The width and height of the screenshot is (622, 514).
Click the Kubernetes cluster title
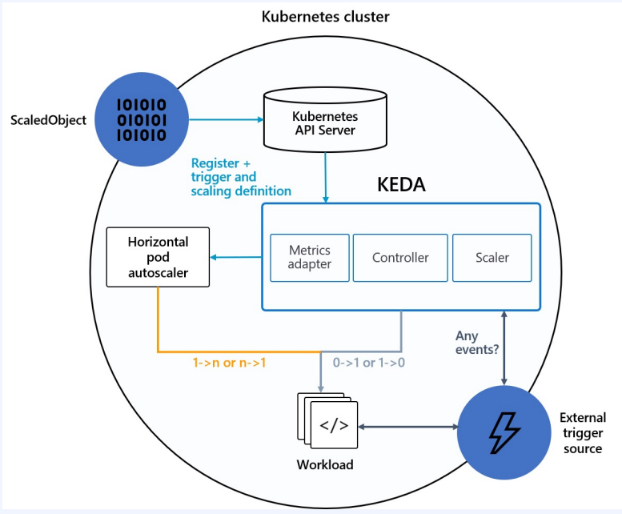[x=325, y=17]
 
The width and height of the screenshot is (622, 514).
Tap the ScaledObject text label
[x=48, y=120]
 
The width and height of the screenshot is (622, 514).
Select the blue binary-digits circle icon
[x=142, y=119]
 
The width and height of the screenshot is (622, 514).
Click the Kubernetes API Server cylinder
[x=325, y=120]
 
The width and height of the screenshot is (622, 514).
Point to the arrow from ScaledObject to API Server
[x=227, y=119]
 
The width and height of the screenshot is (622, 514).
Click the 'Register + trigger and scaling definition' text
[x=241, y=177]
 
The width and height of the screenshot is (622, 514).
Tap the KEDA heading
[x=401, y=184]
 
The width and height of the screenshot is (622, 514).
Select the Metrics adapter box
[x=310, y=258]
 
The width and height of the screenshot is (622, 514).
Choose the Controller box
[x=400, y=258]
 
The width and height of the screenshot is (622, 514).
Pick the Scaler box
[x=492, y=258]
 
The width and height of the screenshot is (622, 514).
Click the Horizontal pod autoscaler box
[x=158, y=257]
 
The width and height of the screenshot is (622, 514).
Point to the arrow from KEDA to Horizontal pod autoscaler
[x=235, y=257]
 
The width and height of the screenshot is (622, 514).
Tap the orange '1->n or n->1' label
[x=229, y=363]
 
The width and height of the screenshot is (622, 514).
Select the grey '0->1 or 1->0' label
[x=369, y=363]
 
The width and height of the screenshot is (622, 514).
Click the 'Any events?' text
[x=477, y=343]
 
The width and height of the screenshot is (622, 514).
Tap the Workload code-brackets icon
[x=327, y=421]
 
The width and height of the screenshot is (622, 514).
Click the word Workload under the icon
[x=325, y=464]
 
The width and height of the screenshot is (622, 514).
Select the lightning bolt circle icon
[x=504, y=432]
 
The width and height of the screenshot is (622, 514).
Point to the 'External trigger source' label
[x=583, y=433]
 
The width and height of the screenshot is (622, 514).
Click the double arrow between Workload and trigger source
[x=407, y=427]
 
